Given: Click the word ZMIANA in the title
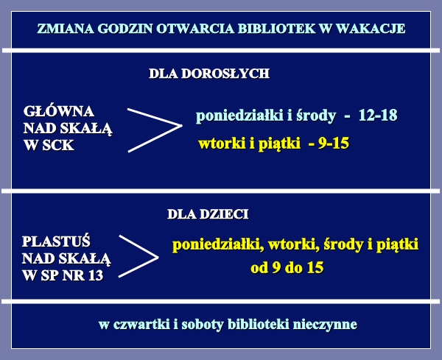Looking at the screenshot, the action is pos(66,29).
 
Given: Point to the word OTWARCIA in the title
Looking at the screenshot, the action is pos(195,29).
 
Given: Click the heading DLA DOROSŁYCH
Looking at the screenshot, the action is pos(209,74).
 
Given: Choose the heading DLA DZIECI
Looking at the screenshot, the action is pos(208,214).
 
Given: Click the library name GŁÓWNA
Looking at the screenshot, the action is pos(59,111).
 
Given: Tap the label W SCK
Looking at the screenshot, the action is pos(49,145).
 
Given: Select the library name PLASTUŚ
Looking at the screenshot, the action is pos(56,241).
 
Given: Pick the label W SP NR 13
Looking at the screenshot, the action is pos(63,275).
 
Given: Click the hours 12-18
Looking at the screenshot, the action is pos(378,115).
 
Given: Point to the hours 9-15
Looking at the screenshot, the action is pos(334,143).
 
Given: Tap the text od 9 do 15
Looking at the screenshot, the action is pos(287,267).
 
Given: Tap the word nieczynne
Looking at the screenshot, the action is pos(325,325).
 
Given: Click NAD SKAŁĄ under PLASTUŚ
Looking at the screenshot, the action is pos(66,258).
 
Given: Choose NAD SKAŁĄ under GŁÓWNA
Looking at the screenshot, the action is pos(68,128).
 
